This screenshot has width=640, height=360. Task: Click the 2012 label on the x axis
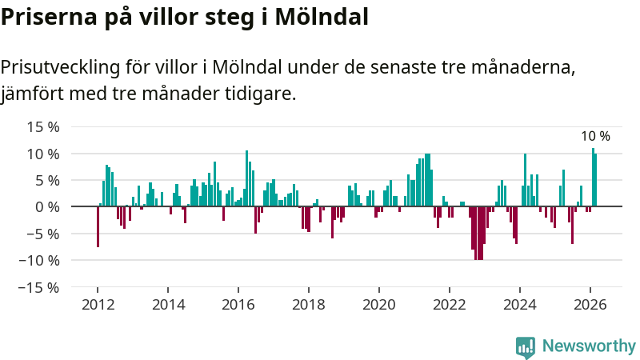(98, 305)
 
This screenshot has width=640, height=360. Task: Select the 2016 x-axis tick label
(238, 305)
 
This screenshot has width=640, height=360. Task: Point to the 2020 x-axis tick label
(379, 305)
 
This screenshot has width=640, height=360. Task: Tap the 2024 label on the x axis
(520, 305)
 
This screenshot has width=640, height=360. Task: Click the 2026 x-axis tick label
(590, 305)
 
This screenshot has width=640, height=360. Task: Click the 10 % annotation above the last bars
(595, 137)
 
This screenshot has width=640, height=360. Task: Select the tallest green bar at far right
(593, 176)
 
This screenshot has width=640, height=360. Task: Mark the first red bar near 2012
(98, 226)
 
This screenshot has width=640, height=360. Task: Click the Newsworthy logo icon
(526, 346)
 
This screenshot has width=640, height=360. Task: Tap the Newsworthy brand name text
(589, 346)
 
